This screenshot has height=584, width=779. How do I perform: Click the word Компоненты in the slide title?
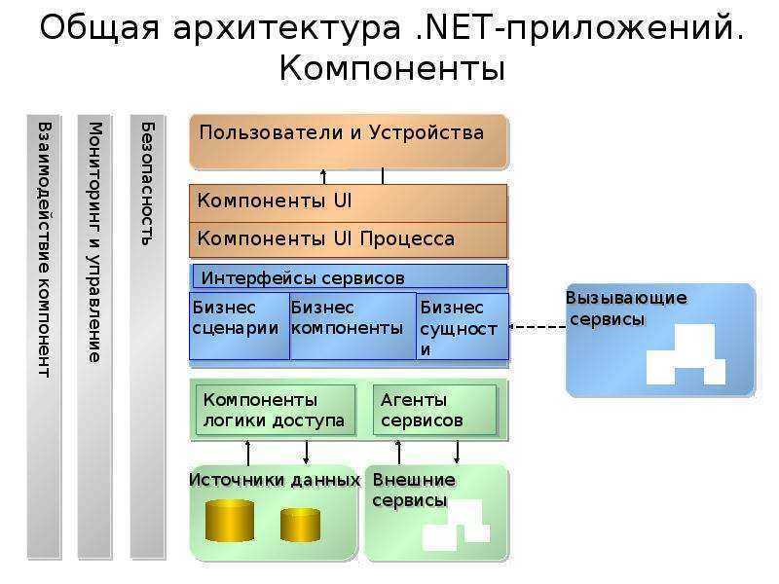392,68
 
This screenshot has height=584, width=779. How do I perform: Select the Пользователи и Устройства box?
350,142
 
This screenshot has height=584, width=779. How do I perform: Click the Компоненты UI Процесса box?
349,239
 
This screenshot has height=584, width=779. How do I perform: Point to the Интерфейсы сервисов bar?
350,276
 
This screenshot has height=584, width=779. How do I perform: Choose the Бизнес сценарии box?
240,326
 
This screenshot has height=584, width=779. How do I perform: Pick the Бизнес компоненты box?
352,326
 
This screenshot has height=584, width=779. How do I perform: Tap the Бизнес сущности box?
463,326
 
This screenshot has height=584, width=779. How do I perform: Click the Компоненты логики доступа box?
276,410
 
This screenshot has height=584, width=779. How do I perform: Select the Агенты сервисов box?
434,410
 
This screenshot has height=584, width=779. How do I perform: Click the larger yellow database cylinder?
230,520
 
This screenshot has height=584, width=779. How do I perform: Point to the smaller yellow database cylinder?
300,525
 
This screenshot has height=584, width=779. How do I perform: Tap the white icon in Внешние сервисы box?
456,525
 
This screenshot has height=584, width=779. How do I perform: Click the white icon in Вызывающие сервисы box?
686,354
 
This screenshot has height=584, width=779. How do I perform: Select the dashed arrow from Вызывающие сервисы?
538,327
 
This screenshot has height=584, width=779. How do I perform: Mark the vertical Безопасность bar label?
147,184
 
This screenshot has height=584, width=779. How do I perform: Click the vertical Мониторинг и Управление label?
94,242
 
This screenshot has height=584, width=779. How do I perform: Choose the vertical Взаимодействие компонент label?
44,250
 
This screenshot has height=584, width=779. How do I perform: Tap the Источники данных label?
275,480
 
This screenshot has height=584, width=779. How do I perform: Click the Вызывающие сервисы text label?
626,309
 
